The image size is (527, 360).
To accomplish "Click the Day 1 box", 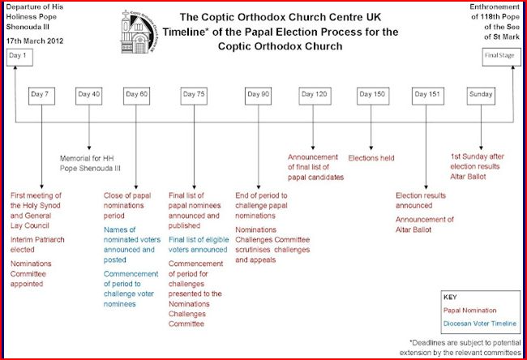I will pyautogui.click(x=17, y=56).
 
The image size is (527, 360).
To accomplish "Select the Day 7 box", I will pyautogui.click(x=40, y=94).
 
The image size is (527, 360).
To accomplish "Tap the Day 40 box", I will pyautogui.click(x=89, y=94).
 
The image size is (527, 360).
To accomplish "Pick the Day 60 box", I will pyautogui.click(x=137, y=94).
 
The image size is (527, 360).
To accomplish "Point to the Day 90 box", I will pyautogui.click(x=257, y=94).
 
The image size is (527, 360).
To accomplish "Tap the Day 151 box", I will pyautogui.click(x=426, y=94).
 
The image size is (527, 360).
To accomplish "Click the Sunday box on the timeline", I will pyautogui.click(x=480, y=94).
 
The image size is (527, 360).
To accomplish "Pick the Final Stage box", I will pyautogui.click(x=497, y=56).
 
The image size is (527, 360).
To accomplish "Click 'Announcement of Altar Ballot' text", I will pyautogui.click(x=425, y=224).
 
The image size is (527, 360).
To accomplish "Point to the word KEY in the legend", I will pyautogui.click(x=451, y=297).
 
